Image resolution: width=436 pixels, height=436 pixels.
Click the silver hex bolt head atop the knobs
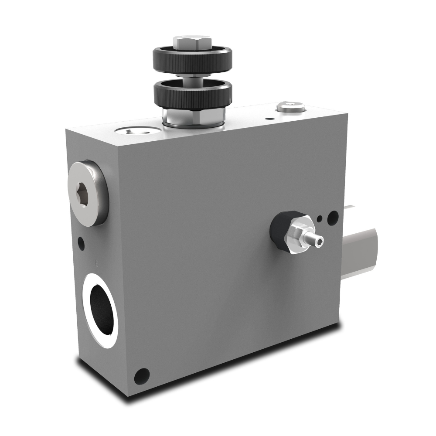point(192,42)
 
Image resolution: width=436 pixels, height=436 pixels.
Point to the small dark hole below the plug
point(81,241)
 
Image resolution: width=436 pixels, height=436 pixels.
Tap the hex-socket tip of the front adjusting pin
point(320,241)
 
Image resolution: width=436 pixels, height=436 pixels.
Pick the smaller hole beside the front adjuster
point(321,218)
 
